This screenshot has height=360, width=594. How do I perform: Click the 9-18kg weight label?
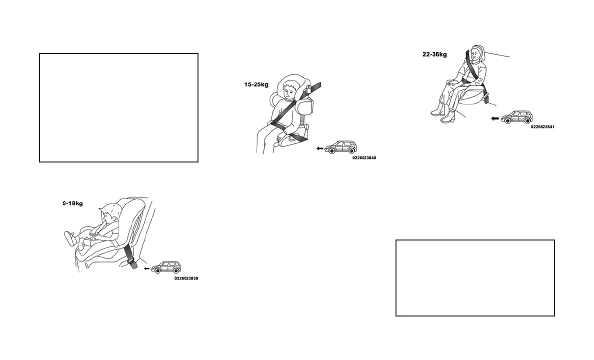click(x=72, y=203)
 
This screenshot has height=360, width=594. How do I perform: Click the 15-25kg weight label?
click(x=256, y=84)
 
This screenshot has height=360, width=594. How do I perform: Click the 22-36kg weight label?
click(x=434, y=54)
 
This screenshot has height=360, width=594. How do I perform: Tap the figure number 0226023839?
click(x=186, y=278)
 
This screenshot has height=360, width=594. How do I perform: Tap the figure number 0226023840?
click(x=364, y=158)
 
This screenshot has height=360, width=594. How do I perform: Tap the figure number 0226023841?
click(x=542, y=127)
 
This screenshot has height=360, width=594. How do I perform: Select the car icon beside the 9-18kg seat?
click(x=165, y=267)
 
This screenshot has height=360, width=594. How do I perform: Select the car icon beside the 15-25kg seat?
click(x=340, y=147)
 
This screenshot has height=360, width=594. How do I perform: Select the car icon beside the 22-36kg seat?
click(x=517, y=117)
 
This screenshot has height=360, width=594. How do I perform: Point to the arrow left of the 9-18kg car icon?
click(x=146, y=268)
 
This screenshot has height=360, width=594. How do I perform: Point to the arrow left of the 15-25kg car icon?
click(x=320, y=148)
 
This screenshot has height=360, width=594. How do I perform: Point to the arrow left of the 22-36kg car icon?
click(x=495, y=118)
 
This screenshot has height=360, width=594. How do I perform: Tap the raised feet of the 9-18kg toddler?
click(x=70, y=238)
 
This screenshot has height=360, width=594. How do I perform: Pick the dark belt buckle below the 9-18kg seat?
click(x=132, y=262)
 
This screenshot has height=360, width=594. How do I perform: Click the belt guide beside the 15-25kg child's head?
click(x=309, y=91)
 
